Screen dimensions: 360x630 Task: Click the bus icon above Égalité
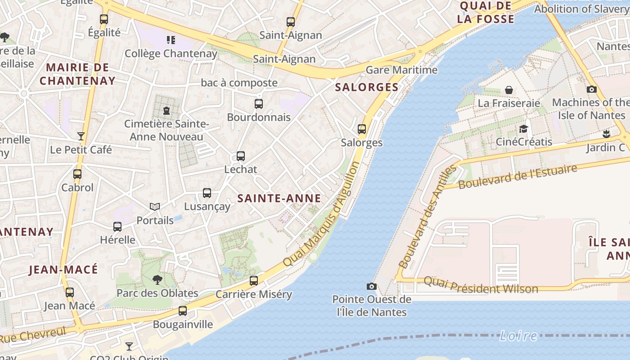104,19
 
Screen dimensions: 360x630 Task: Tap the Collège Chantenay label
171,54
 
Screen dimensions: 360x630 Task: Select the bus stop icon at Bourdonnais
259,104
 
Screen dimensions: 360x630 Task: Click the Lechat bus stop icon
241,156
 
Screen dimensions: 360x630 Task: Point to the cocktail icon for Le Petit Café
81,136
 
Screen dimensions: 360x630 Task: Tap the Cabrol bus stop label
77,187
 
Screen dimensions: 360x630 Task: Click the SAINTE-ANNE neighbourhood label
279,198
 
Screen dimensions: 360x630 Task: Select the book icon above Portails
155,207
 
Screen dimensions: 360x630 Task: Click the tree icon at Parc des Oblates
157,280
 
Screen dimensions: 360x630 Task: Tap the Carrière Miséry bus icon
254,281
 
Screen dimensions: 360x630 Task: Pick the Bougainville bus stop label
183,324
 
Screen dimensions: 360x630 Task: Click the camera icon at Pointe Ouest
371,286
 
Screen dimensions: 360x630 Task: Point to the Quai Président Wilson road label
481,285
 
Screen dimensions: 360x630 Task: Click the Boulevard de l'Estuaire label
517,177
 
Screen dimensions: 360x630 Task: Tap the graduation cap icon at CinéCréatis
523,129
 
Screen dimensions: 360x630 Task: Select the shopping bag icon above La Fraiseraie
509,90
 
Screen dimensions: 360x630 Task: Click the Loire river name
518,335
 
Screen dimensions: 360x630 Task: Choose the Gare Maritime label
401,70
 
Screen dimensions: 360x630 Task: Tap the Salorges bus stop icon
362,130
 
